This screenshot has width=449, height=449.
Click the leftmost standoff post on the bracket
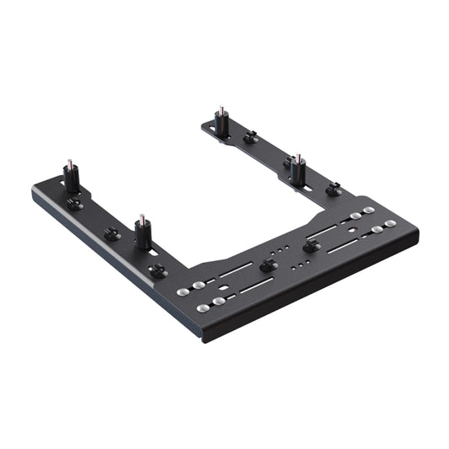71,178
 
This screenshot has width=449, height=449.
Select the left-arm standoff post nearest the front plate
142,233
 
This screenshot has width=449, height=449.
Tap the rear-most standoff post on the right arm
221,124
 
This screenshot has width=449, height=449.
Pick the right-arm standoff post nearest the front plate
297,170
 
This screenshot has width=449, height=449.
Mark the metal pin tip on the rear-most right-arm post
221,109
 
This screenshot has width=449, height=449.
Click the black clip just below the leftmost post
74,203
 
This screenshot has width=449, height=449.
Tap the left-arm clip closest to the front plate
156,270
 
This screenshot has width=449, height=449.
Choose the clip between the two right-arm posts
249,137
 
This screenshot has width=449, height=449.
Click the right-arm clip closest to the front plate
334,189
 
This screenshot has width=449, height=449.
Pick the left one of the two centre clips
268,265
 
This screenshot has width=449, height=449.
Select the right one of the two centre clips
310,245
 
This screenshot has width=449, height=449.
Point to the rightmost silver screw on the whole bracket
390,223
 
